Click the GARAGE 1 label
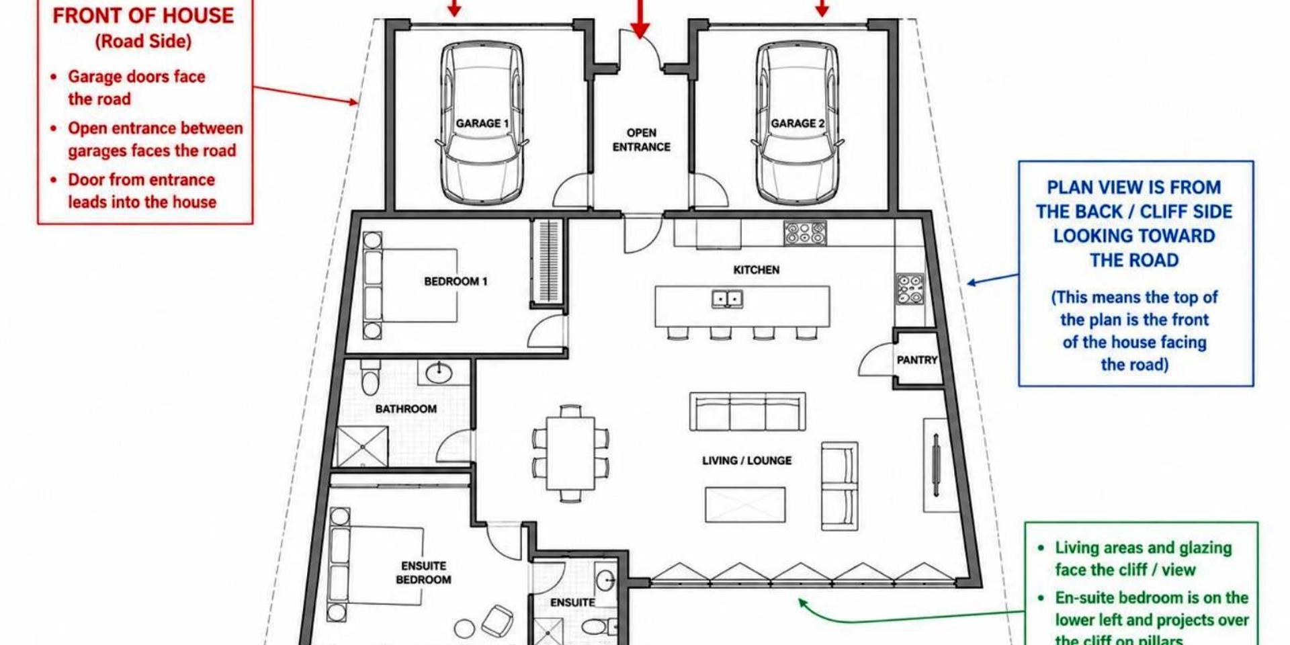click(x=482, y=124)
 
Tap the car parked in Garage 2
click(x=797, y=122)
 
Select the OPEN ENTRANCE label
click(x=641, y=140)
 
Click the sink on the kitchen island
click(x=727, y=298)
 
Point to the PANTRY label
click(x=916, y=360)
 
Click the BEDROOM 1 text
click(x=456, y=282)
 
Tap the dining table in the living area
click(x=570, y=454)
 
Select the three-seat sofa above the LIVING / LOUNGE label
click(x=748, y=411)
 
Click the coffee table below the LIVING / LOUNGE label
click(x=745, y=505)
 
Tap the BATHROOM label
click(x=406, y=408)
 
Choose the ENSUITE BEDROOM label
click(x=423, y=572)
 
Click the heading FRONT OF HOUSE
click(x=143, y=16)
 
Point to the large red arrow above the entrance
click(x=640, y=18)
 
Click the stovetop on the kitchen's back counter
click(x=805, y=233)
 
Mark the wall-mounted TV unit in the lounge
click(x=936, y=465)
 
